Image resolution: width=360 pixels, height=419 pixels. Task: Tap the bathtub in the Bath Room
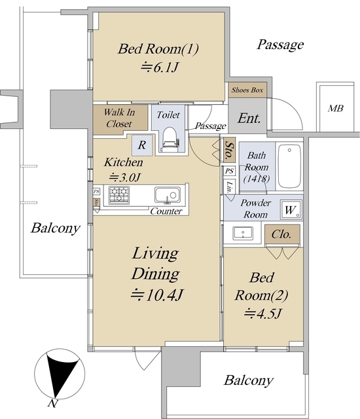289,166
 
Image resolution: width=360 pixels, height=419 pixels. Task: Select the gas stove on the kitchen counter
119,195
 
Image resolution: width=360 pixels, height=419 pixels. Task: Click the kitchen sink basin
168,195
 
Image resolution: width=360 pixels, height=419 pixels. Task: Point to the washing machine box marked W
291,210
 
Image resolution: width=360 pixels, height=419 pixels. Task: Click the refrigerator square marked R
142,145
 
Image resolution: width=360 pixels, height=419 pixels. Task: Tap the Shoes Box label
247,90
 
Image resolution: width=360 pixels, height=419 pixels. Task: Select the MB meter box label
336,108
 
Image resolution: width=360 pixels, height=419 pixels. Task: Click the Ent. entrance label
249,118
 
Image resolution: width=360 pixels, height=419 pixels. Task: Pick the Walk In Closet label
119,118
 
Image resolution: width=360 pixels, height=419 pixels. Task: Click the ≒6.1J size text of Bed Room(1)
160,67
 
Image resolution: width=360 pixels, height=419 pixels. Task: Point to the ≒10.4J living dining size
157,295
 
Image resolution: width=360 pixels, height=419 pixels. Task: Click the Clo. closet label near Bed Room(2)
281,234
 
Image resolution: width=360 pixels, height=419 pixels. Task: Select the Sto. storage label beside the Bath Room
229,150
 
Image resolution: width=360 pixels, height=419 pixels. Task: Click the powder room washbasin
243,234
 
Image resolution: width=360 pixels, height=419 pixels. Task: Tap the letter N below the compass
53,403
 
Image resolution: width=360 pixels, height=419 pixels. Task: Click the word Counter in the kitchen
166,211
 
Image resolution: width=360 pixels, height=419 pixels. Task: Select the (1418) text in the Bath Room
256,179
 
